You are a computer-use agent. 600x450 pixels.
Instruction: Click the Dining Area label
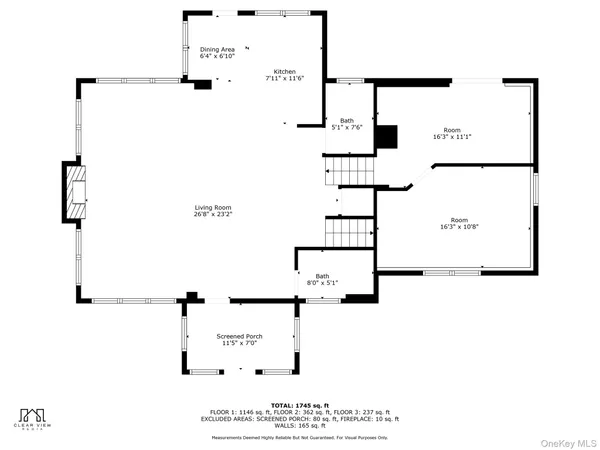point(217,49)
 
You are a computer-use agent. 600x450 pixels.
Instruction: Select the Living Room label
point(208,207)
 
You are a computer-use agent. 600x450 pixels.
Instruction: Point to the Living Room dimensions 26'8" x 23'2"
point(208,214)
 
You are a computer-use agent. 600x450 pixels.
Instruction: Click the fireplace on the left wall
point(76,189)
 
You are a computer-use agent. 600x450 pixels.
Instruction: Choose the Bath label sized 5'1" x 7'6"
point(347,120)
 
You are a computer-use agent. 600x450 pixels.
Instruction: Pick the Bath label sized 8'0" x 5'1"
point(322,276)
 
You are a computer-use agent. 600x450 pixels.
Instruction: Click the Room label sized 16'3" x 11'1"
point(453,131)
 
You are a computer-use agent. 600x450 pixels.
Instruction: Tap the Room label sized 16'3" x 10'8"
point(459,220)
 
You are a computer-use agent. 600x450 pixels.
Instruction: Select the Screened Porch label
point(239,336)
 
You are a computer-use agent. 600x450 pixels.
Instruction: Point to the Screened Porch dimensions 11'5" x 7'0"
point(239,343)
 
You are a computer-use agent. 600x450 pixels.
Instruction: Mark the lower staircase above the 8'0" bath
point(350,232)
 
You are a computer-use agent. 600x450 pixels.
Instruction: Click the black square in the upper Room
point(390,135)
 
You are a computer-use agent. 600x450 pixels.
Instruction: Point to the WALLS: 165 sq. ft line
point(299,426)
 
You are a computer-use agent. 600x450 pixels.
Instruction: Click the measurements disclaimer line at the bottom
point(299,437)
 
